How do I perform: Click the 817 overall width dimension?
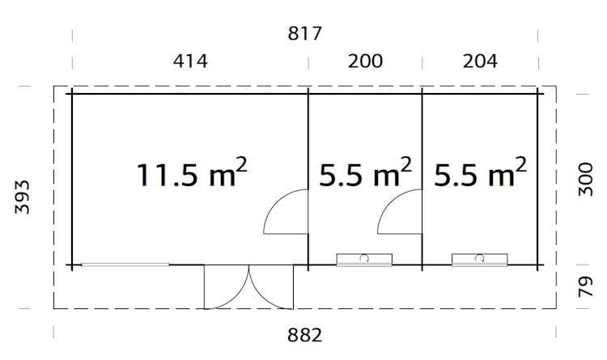[x=305, y=34]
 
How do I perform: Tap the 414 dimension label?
[x=190, y=61]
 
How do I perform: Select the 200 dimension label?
[x=364, y=61]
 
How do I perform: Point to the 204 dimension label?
[x=479, y=61]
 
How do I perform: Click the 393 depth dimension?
[x=24, y=197]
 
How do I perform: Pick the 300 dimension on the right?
[x=588, y=177]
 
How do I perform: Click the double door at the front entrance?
[x=249, y=286]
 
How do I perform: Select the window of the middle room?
[x=365, y=259]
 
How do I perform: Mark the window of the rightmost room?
[x=480, y=259]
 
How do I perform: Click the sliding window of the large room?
[x=125, y=265]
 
